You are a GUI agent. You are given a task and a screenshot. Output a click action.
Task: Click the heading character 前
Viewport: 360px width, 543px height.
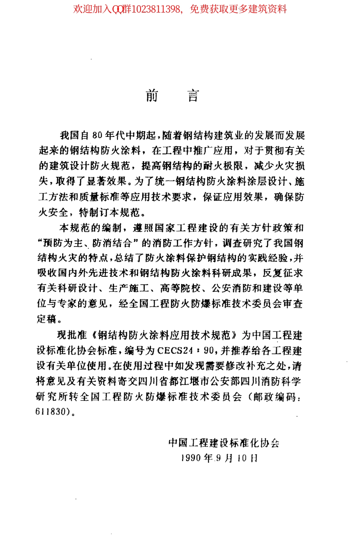pos(152,96)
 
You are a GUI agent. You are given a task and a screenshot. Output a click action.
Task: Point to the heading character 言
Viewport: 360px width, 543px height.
pos(193,96)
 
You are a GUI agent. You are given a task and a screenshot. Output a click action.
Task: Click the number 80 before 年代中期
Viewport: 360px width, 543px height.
pos(97,136)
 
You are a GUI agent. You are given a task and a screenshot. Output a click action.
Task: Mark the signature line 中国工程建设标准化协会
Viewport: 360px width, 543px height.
pos(224,443)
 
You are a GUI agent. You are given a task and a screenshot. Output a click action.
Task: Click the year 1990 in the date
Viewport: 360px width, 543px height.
pos(191,458)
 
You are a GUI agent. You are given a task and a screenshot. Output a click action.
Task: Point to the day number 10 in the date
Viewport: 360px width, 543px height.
pos(242,458)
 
